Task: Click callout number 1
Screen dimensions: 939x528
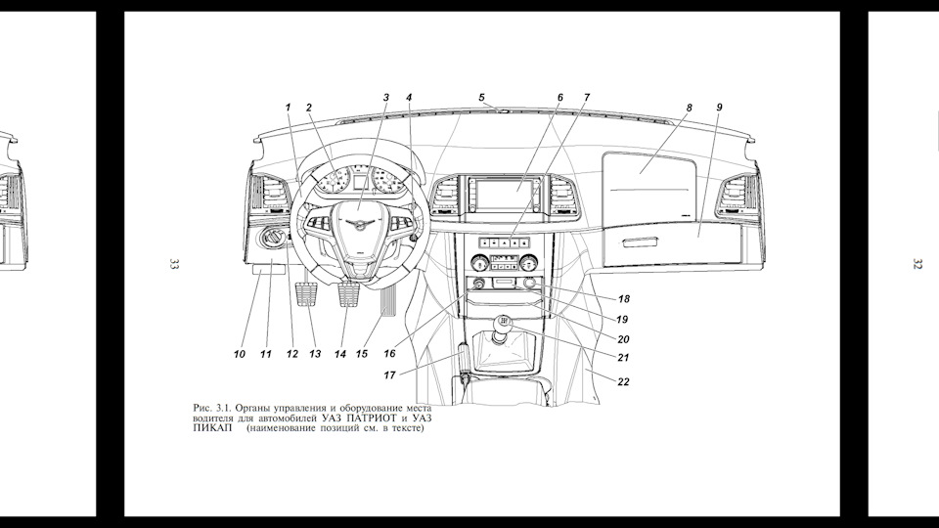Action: click(x=288, y=108)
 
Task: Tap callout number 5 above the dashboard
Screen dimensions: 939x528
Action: click(x=481, y=98)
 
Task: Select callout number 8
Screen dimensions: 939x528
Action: click(x=690, y=108)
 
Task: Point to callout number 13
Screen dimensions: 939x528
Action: click(x=315, y=354)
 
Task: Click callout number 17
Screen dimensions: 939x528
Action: click(x=390, y=375)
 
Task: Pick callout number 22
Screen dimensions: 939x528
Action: click(x=623, y=382)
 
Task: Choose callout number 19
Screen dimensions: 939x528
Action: click(x=622, y=320)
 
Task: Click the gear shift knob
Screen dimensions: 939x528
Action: click(x=503, y=324)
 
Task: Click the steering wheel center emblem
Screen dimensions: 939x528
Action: click(x=358, y=223)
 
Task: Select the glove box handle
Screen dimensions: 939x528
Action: click(x=640, y=242)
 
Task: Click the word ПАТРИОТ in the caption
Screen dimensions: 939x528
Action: click(x=373, y=418)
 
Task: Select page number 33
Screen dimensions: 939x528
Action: click(x=174, y=264)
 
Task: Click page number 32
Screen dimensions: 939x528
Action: click(x=917, y=264)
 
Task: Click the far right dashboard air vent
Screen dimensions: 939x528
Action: click(x=740, y=193)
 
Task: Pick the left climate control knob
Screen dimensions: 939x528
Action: click(x=478, y=262)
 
